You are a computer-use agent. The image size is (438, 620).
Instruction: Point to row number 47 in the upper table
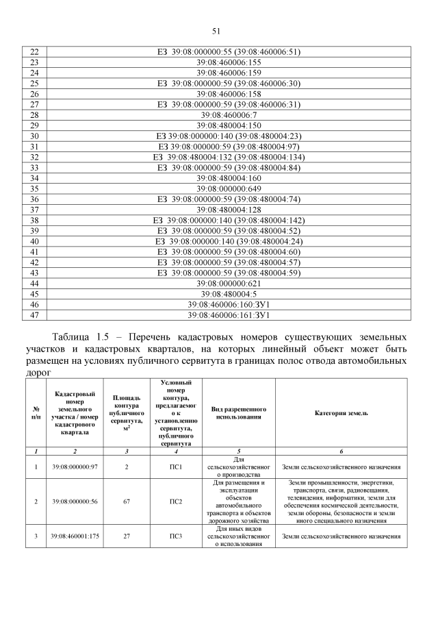[x=34, y=315]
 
